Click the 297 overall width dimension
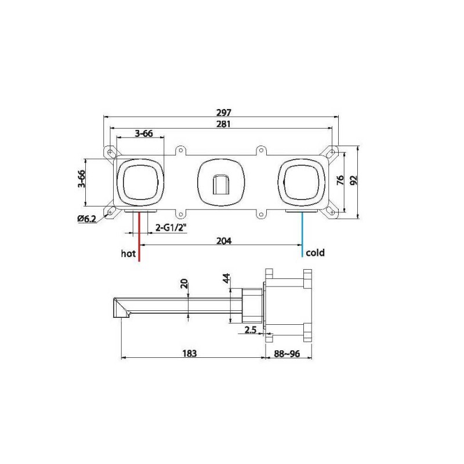point(224,113)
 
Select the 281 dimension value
point(224,124)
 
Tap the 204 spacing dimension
point(224,241)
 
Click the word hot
point(128,253)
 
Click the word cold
point(316,253)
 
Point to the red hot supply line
point(139,236)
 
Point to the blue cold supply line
point(302,234)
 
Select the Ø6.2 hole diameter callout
point(87,219)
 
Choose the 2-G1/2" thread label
point(171,227)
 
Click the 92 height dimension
point(354,180)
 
